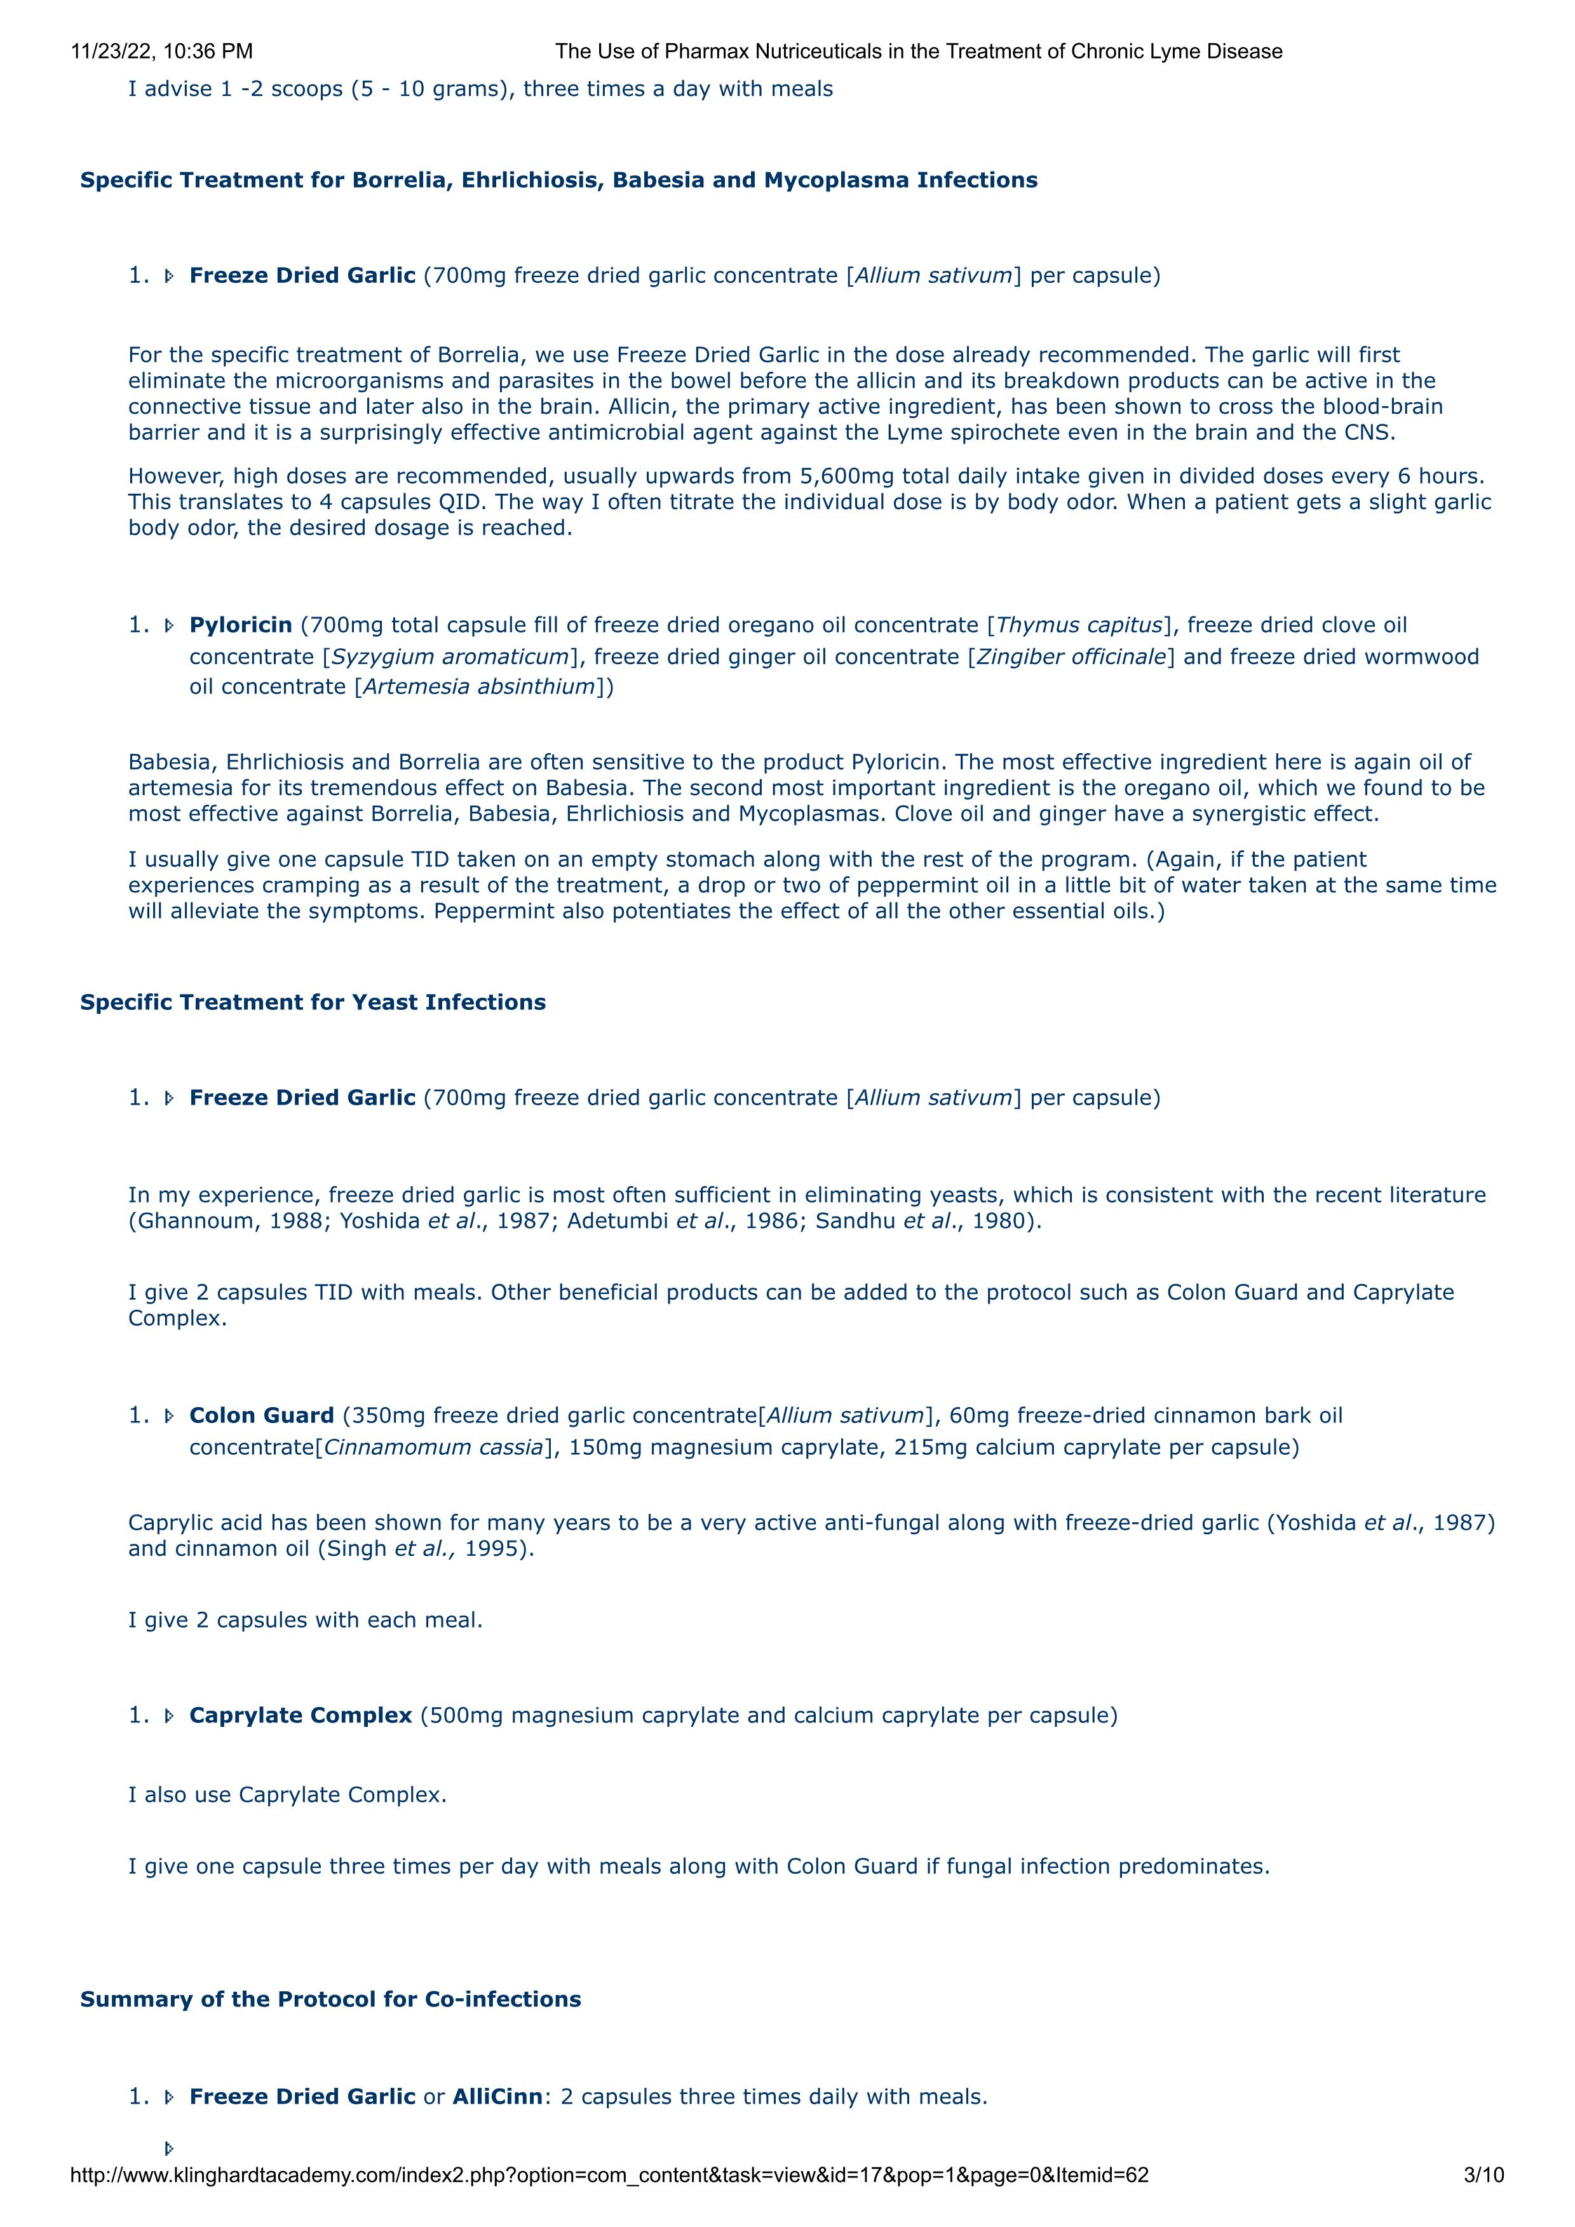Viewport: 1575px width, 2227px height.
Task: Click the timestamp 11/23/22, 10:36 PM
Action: coord(162,51)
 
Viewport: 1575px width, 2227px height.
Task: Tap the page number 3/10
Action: coord(1483,2175)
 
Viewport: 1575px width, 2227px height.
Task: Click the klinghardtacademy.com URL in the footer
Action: coord(609,2175)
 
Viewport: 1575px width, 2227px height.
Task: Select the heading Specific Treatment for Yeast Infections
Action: coord(313,1002)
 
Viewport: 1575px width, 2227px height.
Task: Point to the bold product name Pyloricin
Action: coord(241,625)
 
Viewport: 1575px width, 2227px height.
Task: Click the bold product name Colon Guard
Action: coord(262,1415)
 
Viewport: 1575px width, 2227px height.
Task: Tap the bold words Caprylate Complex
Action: coord(301,1715)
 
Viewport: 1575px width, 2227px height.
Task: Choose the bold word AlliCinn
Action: coord(497,2096)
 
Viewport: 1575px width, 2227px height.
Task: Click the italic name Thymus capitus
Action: coord(1078,625)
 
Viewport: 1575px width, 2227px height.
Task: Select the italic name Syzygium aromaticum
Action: coord(450,657)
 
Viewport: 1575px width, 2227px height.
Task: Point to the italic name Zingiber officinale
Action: coord(1071,657)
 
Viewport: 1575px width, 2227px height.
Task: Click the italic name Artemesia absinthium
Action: coord(478,687)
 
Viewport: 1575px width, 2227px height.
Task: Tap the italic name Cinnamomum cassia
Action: coord(433,1447)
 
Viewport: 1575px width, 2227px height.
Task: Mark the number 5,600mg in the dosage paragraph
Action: coord(844,476)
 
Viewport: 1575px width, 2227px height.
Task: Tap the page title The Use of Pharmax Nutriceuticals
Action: coord(919,51)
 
